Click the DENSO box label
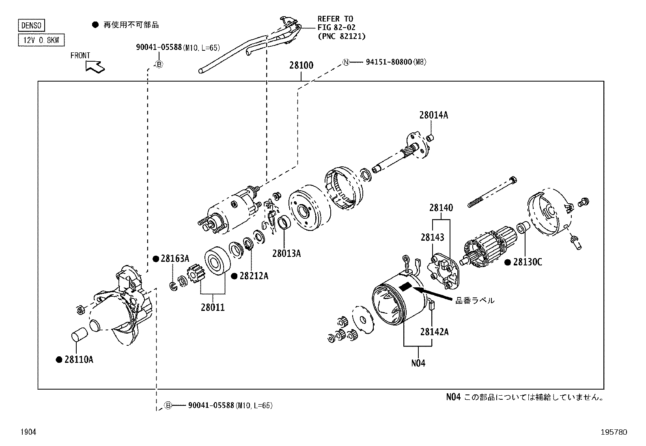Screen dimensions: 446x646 [31, 26]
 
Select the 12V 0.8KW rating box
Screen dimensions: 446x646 [41, 40]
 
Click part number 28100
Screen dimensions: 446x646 [301, 66]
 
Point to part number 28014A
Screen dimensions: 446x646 [433, 115]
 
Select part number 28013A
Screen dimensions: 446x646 [286, 254]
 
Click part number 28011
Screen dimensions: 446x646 [212, 307]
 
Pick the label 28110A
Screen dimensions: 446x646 [79, 360]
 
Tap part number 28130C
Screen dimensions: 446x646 [527, 262]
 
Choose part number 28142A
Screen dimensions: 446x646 [434, 332]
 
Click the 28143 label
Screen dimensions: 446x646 [432, 237]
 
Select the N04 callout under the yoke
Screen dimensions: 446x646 [418, 363]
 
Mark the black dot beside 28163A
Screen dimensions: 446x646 [155, 259]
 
